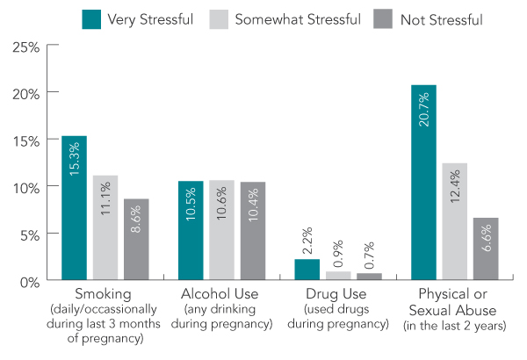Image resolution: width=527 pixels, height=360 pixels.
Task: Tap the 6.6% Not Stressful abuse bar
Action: (486, 249)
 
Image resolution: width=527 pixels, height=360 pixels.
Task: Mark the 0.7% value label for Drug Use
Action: (370, 256)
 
